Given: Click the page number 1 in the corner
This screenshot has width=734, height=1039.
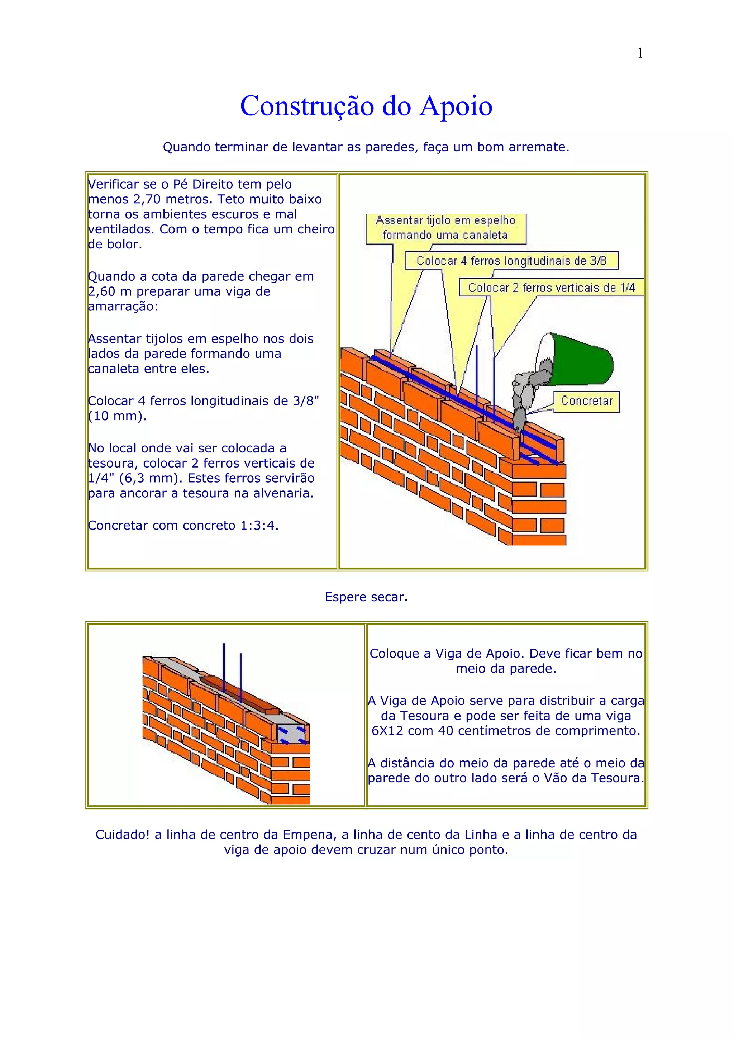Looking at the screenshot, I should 639,53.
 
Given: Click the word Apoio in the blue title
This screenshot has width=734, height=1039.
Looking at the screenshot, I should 456,106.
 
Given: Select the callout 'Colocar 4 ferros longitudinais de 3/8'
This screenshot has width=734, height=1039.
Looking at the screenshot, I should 511,261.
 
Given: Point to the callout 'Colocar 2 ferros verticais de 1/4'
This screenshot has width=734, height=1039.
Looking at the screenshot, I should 551,287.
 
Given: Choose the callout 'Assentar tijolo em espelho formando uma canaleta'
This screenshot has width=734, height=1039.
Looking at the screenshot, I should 445,228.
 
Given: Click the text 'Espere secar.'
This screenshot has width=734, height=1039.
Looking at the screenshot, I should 366,597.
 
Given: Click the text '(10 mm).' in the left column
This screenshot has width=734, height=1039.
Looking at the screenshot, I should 117,416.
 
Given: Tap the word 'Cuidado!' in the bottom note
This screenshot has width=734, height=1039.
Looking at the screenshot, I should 122,834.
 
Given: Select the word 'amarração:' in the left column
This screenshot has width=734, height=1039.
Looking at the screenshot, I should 123,307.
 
